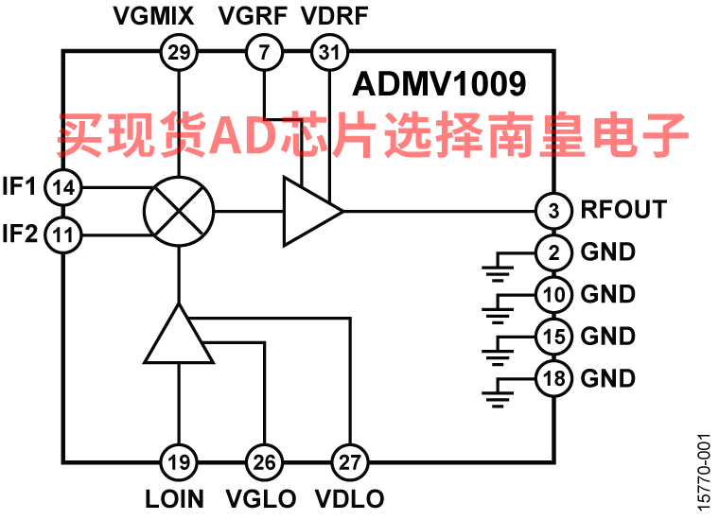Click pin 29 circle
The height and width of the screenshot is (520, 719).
(x=179, y=53)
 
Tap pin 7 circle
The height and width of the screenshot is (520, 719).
(x=264, y=53)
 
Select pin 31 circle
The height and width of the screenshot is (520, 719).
(x=328, y=53)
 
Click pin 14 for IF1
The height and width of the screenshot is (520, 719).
(x=63, y=187)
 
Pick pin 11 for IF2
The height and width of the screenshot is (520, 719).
(x=63, y=234)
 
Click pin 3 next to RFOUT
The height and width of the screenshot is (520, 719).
(x=554, y=210)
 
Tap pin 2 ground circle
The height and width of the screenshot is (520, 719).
(x=554, y=252)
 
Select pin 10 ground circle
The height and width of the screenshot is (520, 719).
(x=554, y=294)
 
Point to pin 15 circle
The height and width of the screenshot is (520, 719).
(x=554, y=336)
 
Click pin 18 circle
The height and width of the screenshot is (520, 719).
(x=554, y=378)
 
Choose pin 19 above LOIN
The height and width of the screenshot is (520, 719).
(x=179, y=462)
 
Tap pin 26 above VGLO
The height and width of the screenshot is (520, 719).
(x=264, y=462)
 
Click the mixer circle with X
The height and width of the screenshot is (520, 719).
(x=179, y=211)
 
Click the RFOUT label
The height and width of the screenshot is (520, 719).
(x=623, y=210)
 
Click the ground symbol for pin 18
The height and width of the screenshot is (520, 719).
(x=496, y=391)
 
